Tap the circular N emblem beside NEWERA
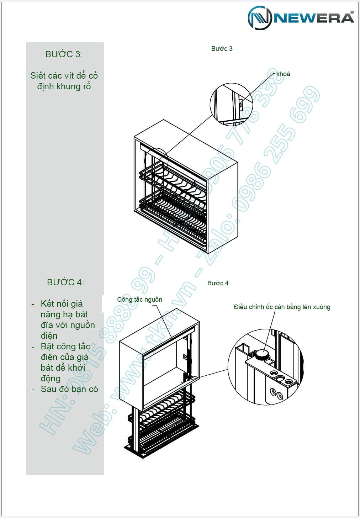260,18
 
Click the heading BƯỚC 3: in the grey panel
64,54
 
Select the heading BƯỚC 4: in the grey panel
65,282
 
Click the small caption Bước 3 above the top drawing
222,49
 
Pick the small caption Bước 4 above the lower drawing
218,283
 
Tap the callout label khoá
283,74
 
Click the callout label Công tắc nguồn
139,300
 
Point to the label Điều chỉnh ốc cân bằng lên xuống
282,307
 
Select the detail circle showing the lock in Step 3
231,105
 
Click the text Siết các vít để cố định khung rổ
64,81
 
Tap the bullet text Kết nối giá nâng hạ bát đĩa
68,319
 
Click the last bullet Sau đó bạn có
69,389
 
